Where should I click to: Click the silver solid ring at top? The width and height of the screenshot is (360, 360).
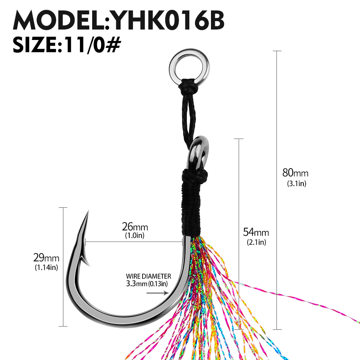[x=184, y=68]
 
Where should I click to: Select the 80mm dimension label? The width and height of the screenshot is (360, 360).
[x=295, y=173]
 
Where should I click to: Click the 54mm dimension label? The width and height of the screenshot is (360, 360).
[x=256, y=232]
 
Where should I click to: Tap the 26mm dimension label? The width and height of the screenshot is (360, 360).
[x=135, y=227]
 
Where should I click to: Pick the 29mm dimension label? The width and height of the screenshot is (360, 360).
[x=46, y=258]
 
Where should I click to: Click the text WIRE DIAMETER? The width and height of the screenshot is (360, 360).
[x=148, y=276]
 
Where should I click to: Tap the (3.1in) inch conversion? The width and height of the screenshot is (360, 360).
[x=296, y=184]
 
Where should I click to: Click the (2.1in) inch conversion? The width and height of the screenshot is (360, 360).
[x=256, y=242]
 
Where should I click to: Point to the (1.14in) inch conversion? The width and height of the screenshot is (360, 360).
[x=46, y=267]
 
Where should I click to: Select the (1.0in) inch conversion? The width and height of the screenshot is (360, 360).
[x=135, y=236]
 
